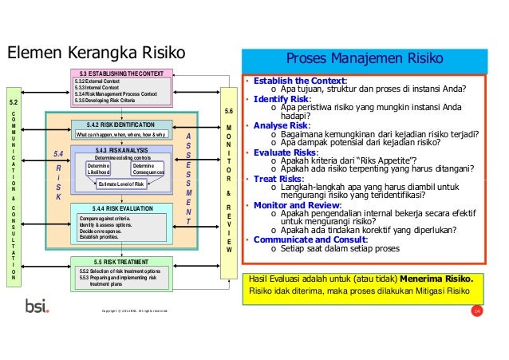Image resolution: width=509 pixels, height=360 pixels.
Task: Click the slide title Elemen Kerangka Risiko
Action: click(x=96, y=53)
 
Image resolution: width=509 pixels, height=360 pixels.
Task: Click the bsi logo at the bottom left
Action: click(x=37, y=306)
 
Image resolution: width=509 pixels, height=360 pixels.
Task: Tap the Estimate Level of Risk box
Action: click(x=121, y=185)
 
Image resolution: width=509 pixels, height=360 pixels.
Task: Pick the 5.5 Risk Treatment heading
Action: click(x=121, y=262)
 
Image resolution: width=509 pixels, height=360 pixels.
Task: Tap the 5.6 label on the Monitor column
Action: click(x=230, y=110)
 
